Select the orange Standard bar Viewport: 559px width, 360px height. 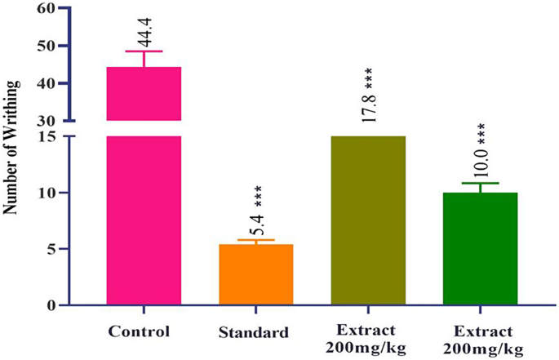(255, 274)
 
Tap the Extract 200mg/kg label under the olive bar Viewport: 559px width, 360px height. (367, 340)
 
